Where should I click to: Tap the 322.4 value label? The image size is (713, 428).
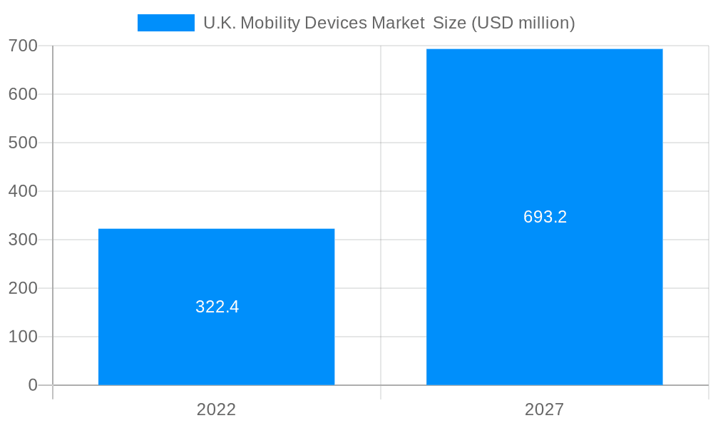[217, 307]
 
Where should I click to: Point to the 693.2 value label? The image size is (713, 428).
[545, 217]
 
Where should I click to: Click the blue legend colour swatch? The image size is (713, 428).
[165, 23]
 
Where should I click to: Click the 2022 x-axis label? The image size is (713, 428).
[216, 409]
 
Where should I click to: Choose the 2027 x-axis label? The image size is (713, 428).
[544, 409]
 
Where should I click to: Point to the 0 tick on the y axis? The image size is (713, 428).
[32, 385]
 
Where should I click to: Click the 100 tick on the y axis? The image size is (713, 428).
[23, 337]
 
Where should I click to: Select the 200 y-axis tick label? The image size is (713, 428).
[23, 288]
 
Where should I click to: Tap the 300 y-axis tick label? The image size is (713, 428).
[23, 240]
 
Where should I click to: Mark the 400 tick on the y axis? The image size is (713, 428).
[23, 191]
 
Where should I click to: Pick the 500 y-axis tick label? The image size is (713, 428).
[23, 143]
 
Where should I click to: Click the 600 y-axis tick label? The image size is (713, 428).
[23, 94]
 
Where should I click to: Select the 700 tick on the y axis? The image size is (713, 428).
[23, 46]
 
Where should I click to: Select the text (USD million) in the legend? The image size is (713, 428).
[523, 23]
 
